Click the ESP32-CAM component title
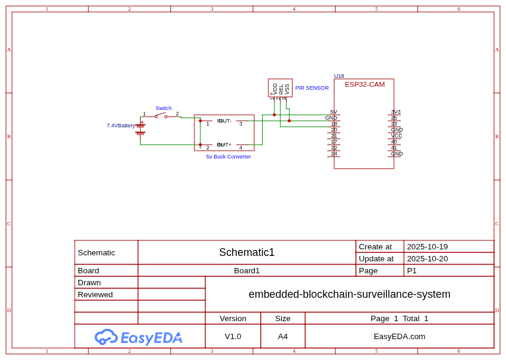[x=365, y=84]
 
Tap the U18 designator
[x=339, y=76]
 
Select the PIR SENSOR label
[x=312, y=88]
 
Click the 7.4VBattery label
[x=121, y=126]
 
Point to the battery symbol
[x=140, y=129]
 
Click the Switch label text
[x=163, y=108]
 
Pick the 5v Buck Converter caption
[x=228, y=157]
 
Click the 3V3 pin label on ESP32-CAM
[x=396, y=112]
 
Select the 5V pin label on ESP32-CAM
[x=334, y=112]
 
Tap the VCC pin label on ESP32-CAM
[x=397, y=136]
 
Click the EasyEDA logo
[x=138, y=337]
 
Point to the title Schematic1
[x=246, y=252]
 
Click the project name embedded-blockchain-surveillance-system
[x=349, y=294]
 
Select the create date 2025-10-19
[x=427, y=246]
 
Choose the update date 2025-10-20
[x=427, y=258]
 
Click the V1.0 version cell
[x=233, y=336]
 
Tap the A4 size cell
[x=283, y=336]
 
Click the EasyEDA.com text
[x=400, y=336]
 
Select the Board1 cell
[x=246, y=270]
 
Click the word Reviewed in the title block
[x=95, y=294]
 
